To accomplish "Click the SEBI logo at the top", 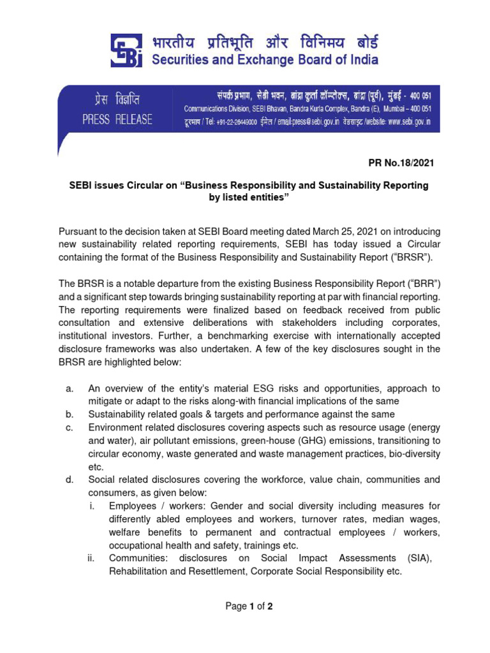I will pos(128,50).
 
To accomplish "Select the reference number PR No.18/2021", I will pos(401,163).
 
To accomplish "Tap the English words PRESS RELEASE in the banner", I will pos(117,120).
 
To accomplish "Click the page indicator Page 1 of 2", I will pos(249,606).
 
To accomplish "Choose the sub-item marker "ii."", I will pos(91,559).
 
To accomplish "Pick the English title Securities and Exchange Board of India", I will pos(265,61).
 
